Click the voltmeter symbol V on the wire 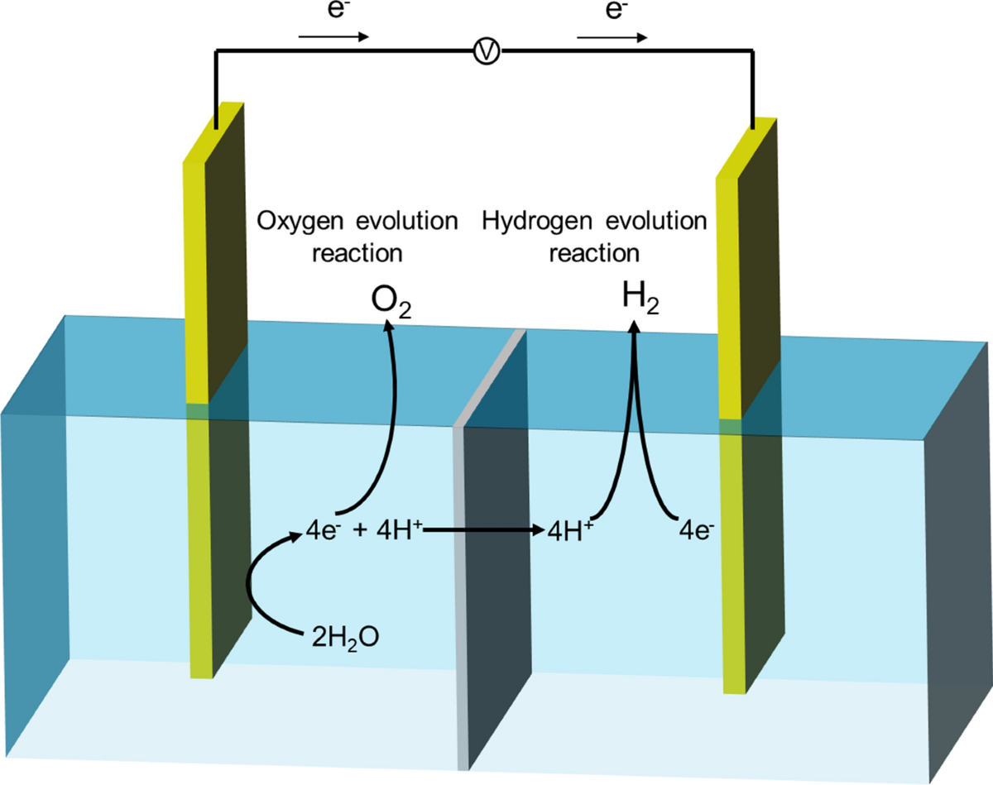point(489,52)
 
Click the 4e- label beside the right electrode point(694,528)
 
